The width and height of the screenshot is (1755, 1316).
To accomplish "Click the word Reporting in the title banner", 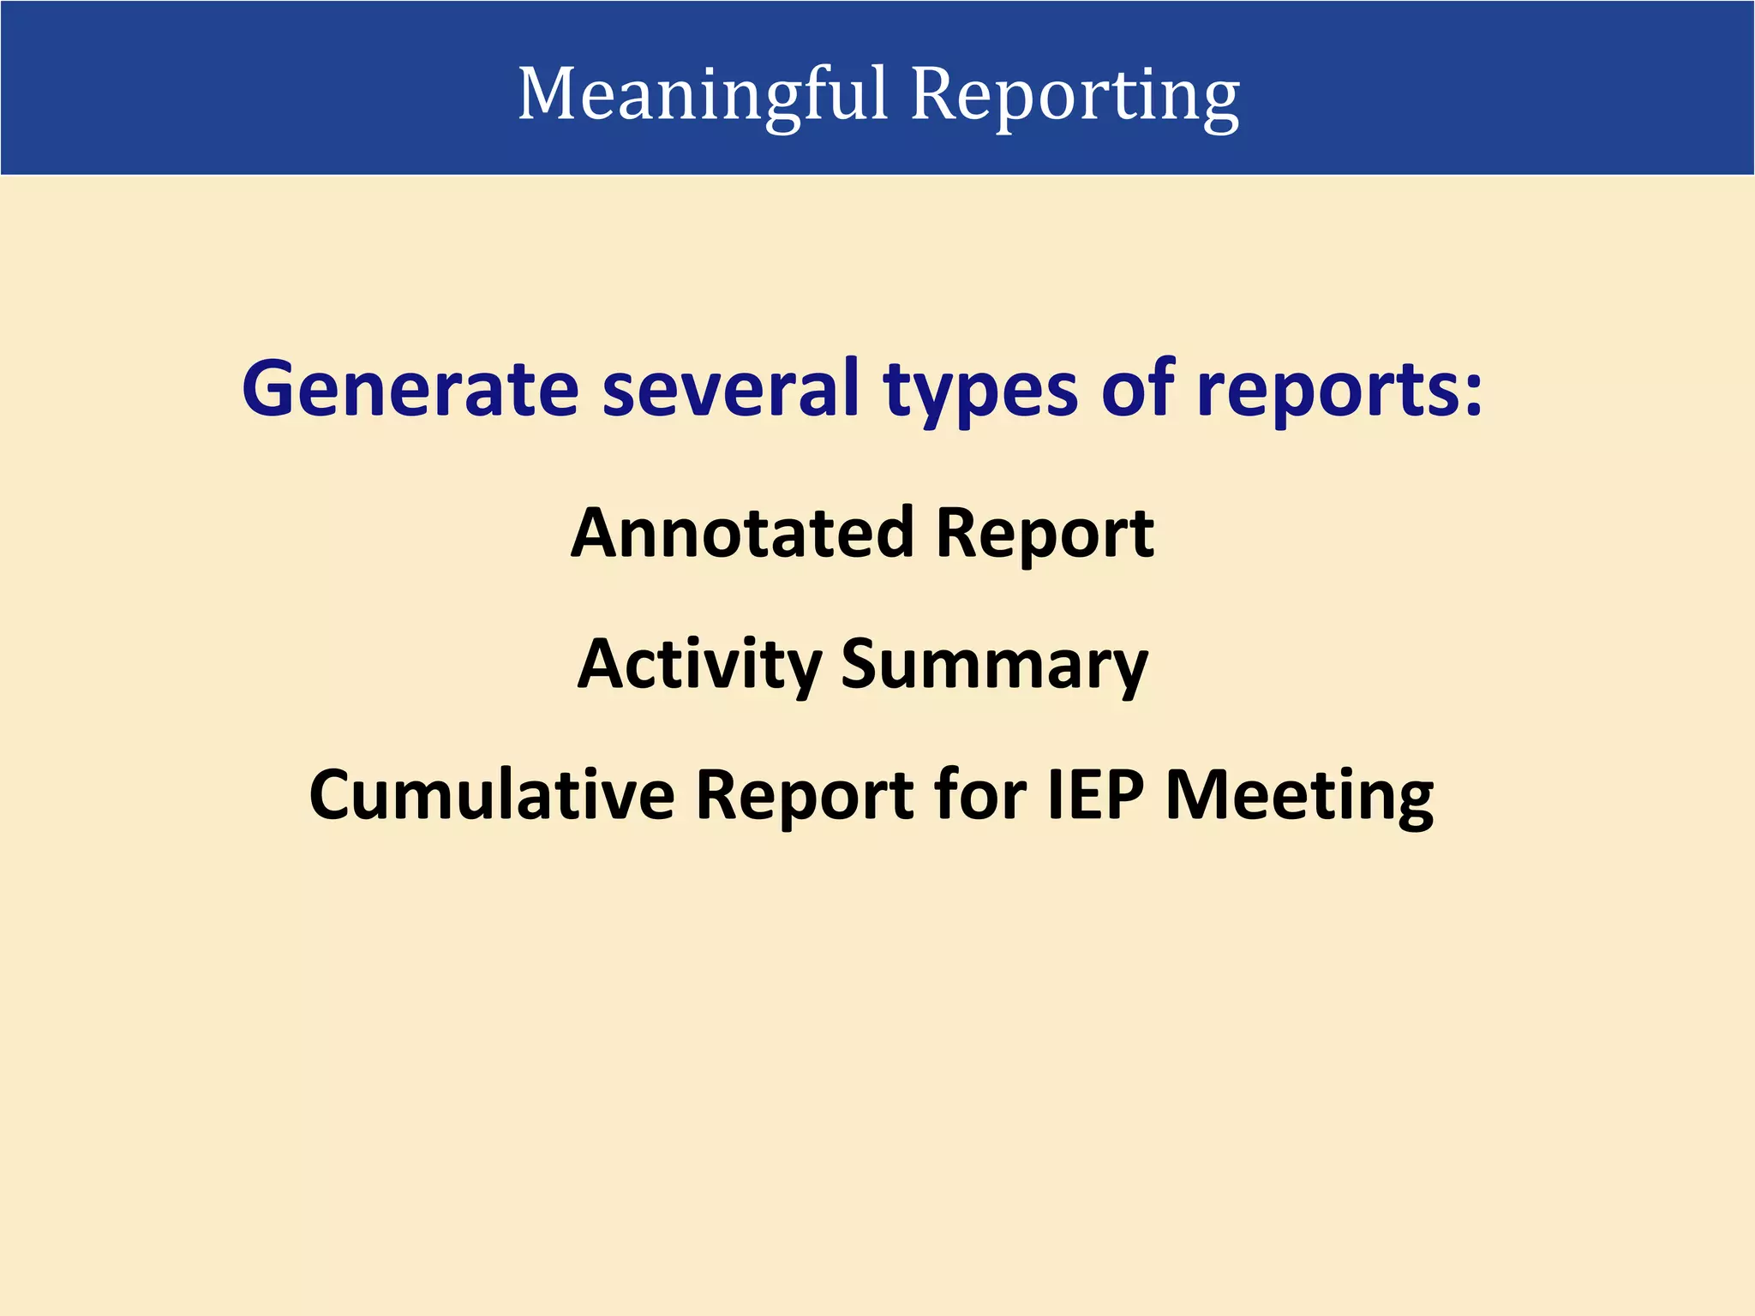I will (x=1075, y=94).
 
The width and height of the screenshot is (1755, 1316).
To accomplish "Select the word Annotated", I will (x=743, y=533).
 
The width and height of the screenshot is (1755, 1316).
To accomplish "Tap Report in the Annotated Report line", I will (x=1045, y=536).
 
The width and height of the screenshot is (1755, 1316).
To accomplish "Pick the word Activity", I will (x=699, y=665).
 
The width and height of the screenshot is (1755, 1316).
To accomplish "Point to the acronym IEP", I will (x=1096, y=795).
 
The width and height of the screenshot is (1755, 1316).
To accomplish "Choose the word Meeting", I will (x=1299, y=797).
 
